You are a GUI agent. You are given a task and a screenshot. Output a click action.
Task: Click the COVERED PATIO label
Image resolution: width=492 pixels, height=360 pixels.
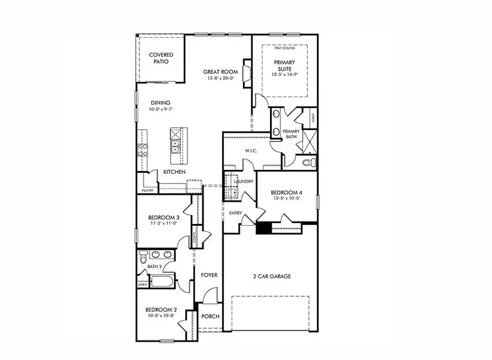pos(161,58)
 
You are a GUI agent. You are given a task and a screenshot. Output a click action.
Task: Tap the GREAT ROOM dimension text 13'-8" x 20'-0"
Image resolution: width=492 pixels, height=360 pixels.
pos(220,79)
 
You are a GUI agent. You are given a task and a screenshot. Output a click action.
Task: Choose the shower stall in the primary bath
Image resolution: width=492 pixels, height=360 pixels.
pos(308,140)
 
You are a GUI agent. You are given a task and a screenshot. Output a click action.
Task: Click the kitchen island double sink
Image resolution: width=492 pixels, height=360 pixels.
pos(175,146)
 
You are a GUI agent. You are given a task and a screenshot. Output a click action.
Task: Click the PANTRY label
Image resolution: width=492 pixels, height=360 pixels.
pos(148,191)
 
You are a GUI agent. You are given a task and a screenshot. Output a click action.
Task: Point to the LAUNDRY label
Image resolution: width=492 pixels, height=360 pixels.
pos(243,181)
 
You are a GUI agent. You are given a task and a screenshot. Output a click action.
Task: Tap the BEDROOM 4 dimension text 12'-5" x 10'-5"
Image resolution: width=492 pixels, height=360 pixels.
pos(286,198)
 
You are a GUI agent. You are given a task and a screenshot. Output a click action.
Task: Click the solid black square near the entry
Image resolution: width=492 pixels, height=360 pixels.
pos(263,228)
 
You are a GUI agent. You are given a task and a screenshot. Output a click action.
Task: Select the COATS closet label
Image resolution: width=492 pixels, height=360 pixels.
pos(195,239)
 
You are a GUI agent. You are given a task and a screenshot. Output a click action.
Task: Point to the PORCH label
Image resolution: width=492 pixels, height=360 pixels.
pos(210,317)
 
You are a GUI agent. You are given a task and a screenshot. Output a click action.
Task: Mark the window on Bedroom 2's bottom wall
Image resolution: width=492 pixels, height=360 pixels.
pos(167,341)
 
